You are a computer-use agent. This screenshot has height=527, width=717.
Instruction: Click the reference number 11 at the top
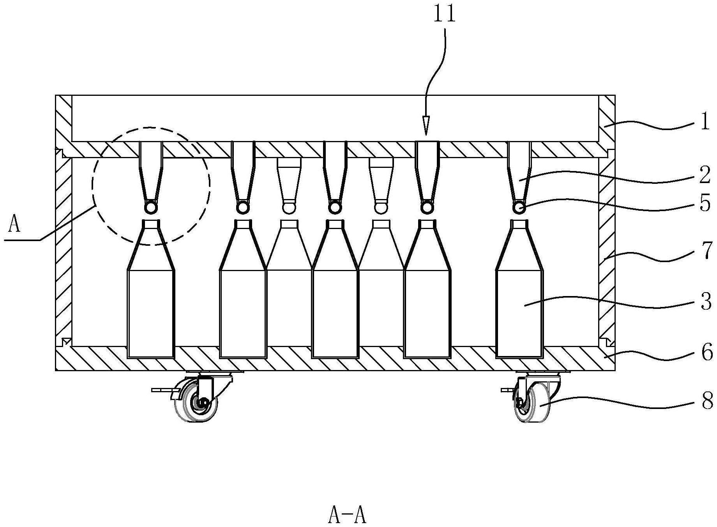(445, 15)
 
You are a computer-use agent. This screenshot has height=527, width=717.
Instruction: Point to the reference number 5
(705, 204)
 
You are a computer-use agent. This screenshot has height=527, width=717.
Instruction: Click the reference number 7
(705, 252)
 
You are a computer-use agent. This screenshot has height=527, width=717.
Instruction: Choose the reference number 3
(705, 302)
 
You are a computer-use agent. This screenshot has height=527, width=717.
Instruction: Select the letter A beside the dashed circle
(14, 225)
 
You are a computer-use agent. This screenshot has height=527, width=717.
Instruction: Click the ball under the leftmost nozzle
(150, 207)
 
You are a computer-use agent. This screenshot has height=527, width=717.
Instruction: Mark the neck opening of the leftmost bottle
(151, 223)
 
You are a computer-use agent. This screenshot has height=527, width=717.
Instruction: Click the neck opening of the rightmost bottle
(519, 223)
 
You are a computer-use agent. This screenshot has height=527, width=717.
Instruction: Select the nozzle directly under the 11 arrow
(427, 171)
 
